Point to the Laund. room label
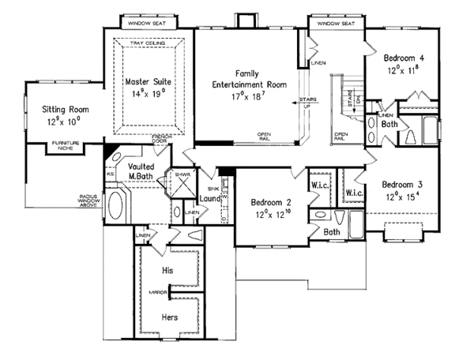(209, 199)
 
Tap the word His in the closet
(166, 270)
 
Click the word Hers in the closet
(167, 316)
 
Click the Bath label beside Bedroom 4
(389, 124)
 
